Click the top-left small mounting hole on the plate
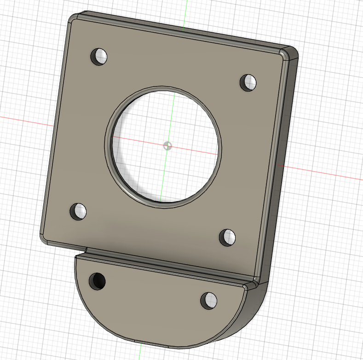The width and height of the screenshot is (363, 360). pyautogui.click(x=99, y=57)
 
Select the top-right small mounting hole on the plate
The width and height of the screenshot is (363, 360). pyautogui.click(x=249, y=81)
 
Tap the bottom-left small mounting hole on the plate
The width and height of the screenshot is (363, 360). pyautogui.click(x=78, y=211)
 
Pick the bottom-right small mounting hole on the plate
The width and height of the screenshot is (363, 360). pyautogui.click(x=227, y=237)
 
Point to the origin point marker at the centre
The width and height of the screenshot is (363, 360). pyautogui.click(x=167, y=146)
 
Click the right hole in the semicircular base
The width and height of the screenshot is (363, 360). pyautogui.click(x=208, y=300)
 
